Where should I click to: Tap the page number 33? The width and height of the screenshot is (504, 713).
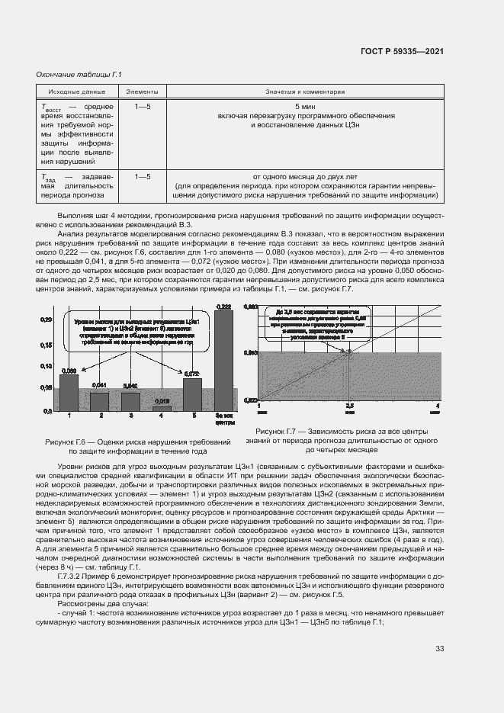pos(439,648)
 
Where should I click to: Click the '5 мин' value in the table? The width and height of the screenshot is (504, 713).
pos(305,106)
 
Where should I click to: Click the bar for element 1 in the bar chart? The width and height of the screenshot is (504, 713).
pos(69,392)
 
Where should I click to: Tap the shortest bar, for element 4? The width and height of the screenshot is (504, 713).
pos(162,408)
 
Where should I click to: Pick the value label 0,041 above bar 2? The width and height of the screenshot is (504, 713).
pos(99,384)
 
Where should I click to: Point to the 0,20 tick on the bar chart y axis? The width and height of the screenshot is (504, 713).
pos(46,319)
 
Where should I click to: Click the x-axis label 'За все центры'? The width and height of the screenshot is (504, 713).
pos(224,419)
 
